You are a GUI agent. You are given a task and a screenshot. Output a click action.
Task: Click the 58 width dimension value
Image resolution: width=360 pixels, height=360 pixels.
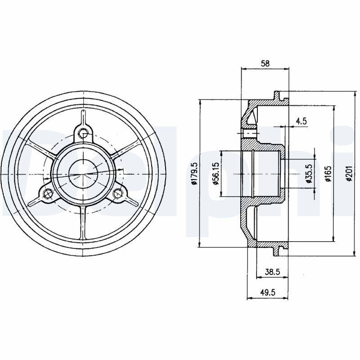click(265, 63)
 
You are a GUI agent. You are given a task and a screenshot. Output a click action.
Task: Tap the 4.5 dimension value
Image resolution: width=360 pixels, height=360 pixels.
click(301, 121)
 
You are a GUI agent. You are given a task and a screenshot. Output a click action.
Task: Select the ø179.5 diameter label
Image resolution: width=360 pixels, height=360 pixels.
click(194, 174)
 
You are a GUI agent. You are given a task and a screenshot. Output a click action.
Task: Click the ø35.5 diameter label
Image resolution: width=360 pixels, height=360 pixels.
click(309, 174)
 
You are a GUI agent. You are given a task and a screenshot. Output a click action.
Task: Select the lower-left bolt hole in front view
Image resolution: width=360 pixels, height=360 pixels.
click(48, 193)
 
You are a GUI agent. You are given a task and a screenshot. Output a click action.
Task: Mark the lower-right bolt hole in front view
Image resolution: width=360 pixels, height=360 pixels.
click(118, 193)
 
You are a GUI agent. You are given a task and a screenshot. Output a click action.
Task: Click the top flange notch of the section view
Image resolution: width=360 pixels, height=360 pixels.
click(278, 96)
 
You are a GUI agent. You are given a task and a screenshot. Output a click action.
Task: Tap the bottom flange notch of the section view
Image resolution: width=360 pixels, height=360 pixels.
click(278, 251)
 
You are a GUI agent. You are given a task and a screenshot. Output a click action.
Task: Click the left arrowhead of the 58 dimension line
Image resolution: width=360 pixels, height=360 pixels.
click(243, 69)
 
